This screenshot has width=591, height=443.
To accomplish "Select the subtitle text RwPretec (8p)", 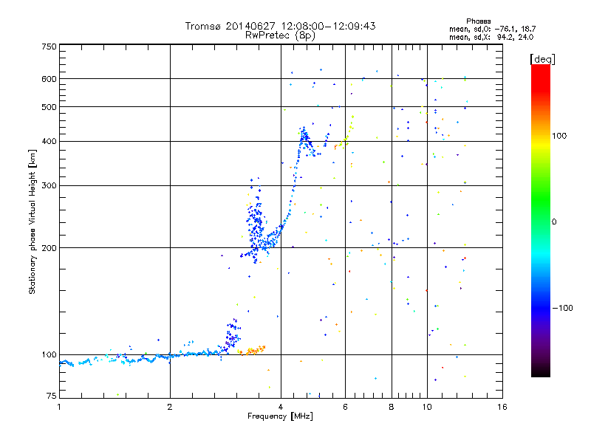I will coord(280,35).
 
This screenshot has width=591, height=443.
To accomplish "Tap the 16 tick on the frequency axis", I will coord(502,406).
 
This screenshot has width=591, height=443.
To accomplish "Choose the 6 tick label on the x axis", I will coord(345,406).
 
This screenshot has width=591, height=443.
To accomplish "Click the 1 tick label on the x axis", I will coord(59,406).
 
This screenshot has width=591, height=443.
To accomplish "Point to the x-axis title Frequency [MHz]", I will coord(280,417).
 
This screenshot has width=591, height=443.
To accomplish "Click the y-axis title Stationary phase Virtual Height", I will coord(33,222).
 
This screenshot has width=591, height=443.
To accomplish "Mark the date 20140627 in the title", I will coord(255,26).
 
